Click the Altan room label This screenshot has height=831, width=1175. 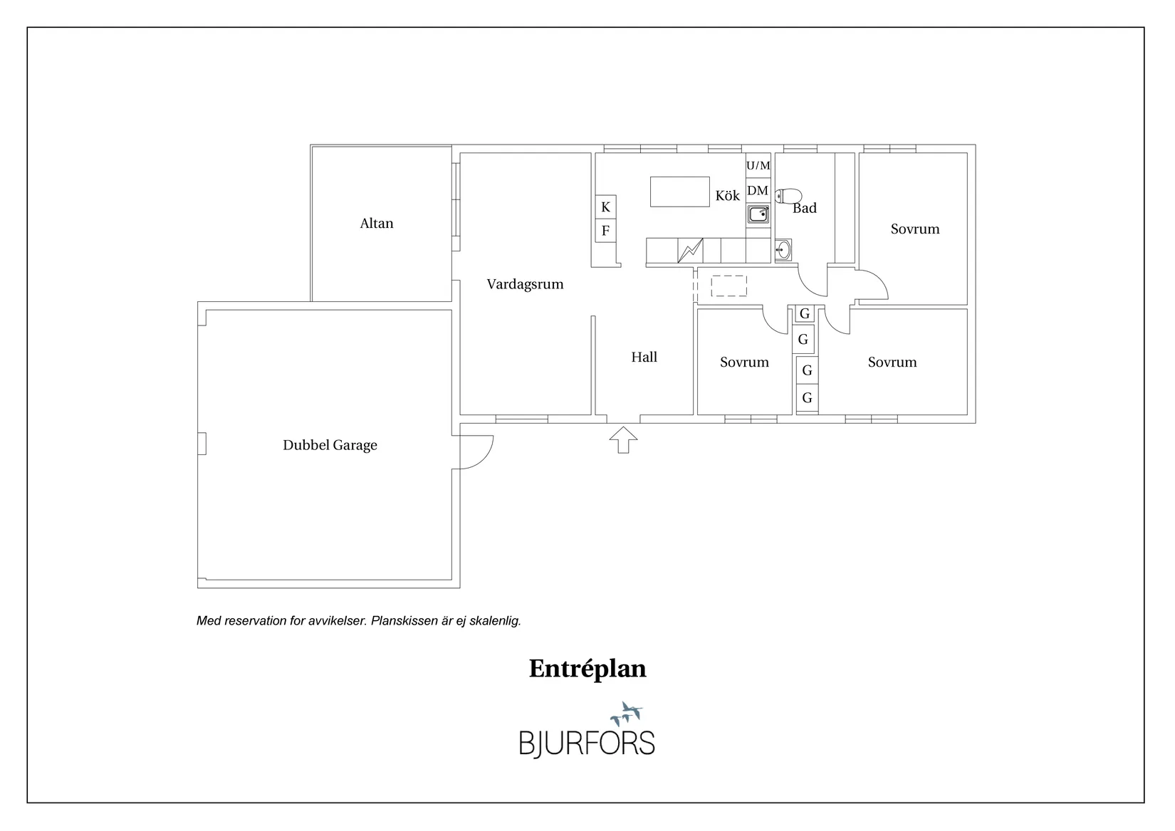click(376, 224)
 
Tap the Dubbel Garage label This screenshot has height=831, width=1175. click(330, 445)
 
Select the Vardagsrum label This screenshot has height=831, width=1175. click(525, 284)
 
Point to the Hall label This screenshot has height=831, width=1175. click(644, 357)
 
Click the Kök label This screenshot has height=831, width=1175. click(728, 196)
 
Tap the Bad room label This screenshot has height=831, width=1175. click(805, 208)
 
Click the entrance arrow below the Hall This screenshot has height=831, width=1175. click(623, 440)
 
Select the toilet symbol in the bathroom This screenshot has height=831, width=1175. click(788, 197)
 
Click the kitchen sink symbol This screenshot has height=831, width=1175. click(758, 214)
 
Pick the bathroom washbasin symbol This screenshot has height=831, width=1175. click(783, 250)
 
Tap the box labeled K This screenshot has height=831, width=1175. click(605, 207)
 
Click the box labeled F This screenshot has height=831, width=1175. click(605, 230)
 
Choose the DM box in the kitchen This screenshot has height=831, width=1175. click(758, 190)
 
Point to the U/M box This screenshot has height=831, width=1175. click(758, 166)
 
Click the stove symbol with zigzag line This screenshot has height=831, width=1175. click(690, 251)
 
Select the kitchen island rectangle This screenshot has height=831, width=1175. click(680, 192)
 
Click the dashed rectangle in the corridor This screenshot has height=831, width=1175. click(729, 286)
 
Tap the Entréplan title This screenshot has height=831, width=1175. click(587, 669)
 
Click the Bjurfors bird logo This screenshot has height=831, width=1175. click(627, 714)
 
